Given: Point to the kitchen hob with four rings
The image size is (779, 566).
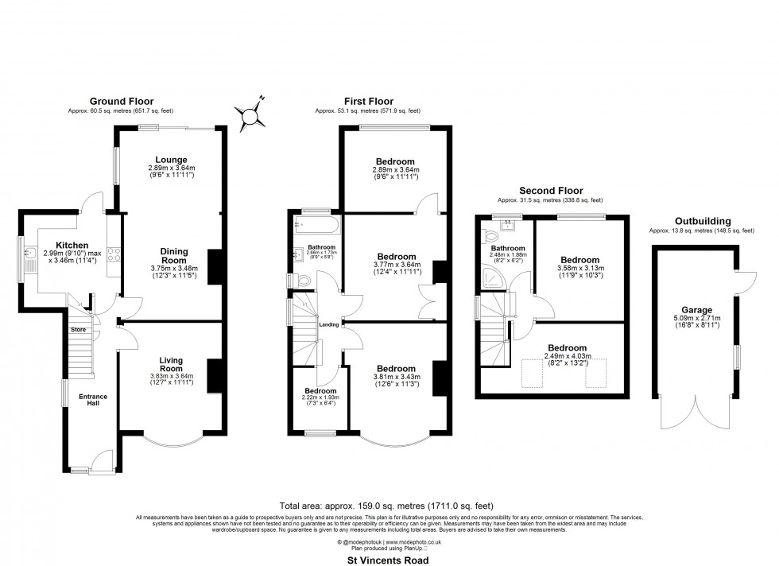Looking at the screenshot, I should pyautogui.click(x=114, y=254).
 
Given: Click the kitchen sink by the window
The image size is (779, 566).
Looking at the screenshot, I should pyautogui.click(x=29, y=255).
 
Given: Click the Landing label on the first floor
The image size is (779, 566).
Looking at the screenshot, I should pyautogui.click(x=329, y=324).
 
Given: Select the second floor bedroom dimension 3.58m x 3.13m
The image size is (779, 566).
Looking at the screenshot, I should pyautogui.click(x=584, y=269).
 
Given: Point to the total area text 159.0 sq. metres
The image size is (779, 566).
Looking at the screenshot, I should pyautogui.click(x=389, y=506).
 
